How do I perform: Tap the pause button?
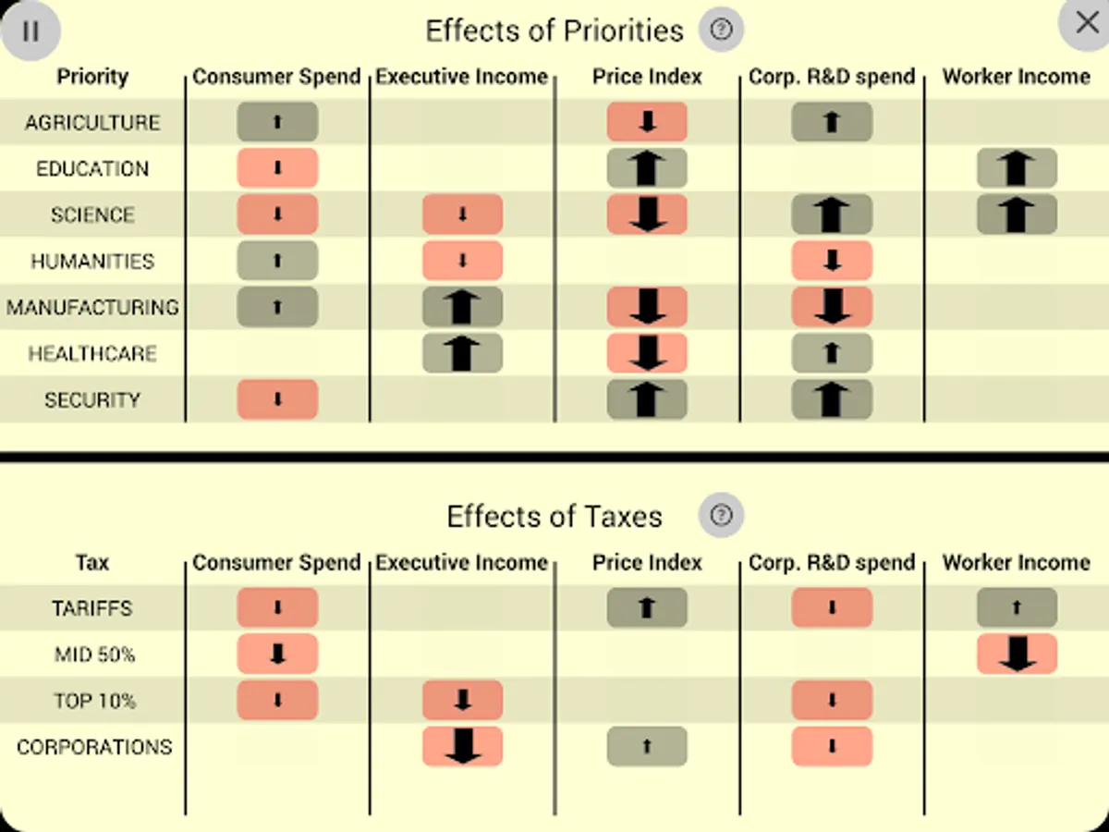[30, 31]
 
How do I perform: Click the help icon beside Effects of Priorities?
[721, 31]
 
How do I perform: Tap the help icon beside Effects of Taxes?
[721, 515]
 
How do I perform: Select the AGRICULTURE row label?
[92, 122]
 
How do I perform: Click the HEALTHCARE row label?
[92, 353]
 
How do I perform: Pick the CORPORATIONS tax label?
[94, 747]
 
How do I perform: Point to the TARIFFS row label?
[92, 608]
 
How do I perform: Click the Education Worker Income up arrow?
[1017, 168]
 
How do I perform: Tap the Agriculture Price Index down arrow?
[647, 122]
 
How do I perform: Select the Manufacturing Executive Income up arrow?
[462, 307]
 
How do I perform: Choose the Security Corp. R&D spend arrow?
[832, 399]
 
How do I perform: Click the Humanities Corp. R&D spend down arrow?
[832, 261]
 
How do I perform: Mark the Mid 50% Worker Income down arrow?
[1017, 655]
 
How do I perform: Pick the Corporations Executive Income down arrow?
[462, 747]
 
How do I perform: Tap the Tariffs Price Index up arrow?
[647, 608]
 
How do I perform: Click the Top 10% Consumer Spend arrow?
[277, 701]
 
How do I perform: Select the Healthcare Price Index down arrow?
[647, 353]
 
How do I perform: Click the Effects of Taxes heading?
[554, 516]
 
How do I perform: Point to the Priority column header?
[92, 77]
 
